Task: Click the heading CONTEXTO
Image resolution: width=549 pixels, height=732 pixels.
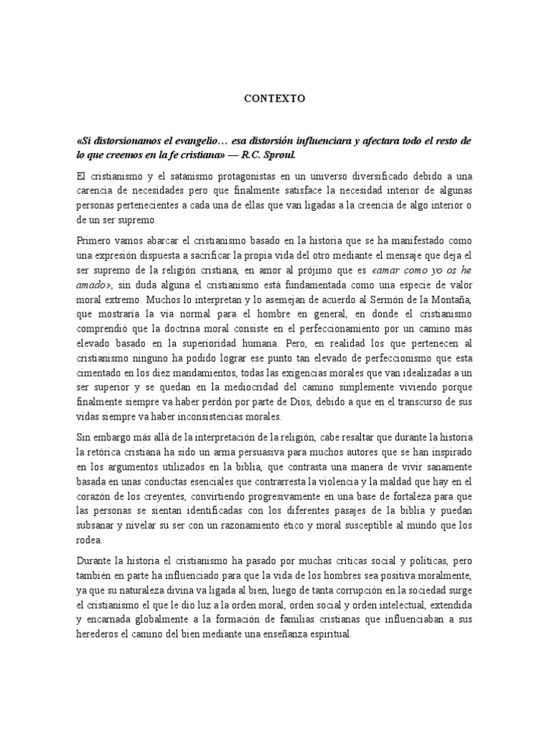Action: (x=274, y=99)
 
